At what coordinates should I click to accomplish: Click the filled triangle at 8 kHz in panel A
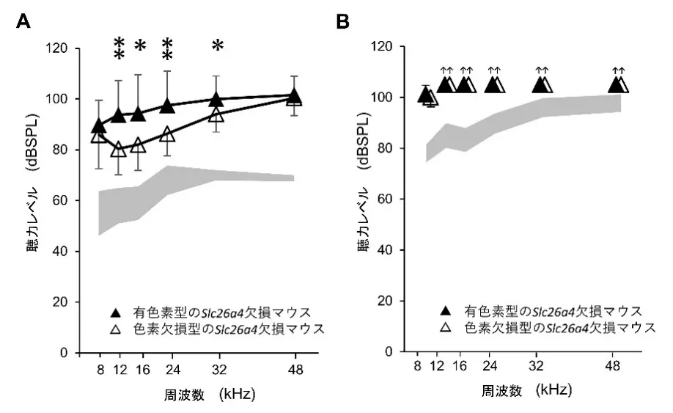(99, 126)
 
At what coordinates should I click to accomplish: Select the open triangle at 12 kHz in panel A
(119, 150)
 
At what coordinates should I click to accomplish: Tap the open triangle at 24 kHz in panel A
(167, 134)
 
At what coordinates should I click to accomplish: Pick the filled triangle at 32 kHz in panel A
(216, 99)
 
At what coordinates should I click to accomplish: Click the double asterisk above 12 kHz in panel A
(119, 48)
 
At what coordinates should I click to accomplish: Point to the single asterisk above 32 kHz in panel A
(217, 46)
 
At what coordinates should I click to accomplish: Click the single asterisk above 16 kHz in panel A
(140, 46)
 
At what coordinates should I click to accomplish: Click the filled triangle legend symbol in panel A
(114, 311)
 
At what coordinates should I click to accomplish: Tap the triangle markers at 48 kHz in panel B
(619, 85)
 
